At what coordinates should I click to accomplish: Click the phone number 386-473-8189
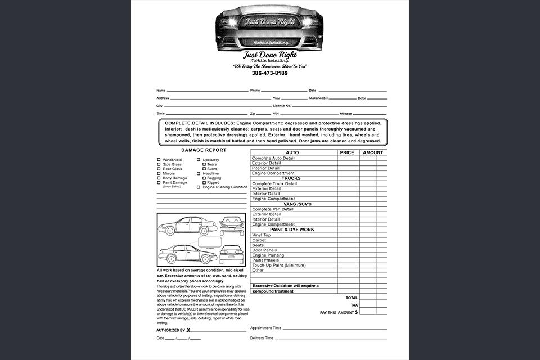(269, 73)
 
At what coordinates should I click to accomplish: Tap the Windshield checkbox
(159, 160)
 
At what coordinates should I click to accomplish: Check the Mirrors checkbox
(159, 173)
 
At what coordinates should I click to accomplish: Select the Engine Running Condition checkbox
(199, 187)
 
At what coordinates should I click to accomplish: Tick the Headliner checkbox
(199, 173)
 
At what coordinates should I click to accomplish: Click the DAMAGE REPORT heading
(204, 150)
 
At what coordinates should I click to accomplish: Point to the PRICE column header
(347, 152)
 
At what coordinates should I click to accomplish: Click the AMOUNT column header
(372, 152)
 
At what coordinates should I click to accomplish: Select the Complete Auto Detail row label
(273, 158)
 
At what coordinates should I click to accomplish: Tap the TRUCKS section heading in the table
(291, 178)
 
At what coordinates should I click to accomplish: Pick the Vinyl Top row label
(261, 235)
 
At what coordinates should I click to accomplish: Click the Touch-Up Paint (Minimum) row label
(278, 265)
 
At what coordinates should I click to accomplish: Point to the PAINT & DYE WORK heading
(291, 229)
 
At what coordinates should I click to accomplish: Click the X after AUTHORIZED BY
(188, 330)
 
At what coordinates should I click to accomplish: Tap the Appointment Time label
(265, 327)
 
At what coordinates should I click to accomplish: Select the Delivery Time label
(262, 338)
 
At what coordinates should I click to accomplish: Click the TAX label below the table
(354, 305)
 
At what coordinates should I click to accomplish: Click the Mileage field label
(345, 114)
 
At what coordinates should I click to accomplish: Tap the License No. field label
(282, 106)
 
